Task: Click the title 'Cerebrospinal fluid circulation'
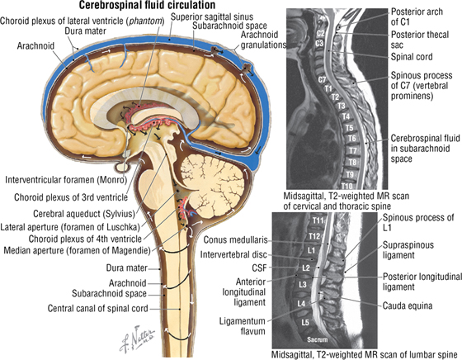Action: tap(147, 5)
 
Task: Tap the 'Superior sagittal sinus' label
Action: tap(212, 17)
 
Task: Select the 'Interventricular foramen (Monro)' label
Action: tap(66, 179)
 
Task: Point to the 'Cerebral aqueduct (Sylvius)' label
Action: tap(84, 213)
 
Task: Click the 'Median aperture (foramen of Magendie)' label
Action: tap(78, 250)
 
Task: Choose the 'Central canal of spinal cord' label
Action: tap(98, 309)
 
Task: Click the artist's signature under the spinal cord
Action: tap(137, 339)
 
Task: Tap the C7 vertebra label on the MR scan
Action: tap(322, 79)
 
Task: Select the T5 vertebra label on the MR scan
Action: tap(349, 128)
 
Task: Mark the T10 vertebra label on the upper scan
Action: tap(347, 186)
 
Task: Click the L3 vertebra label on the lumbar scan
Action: tap(303, 285)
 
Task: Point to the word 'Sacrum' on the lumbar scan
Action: tap(318, 339)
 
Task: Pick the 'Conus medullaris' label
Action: tap(236, 239)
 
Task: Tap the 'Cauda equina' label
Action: tap(408, 306)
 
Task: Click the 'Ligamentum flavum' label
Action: tap(243, 326)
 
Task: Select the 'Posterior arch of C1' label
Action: tap(417, 17)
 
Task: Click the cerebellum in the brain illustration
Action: tap(212, 182)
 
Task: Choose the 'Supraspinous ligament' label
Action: tap(408, 250)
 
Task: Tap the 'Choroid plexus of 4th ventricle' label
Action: tap(85, 239)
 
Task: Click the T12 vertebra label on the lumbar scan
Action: tap(314, 236)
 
